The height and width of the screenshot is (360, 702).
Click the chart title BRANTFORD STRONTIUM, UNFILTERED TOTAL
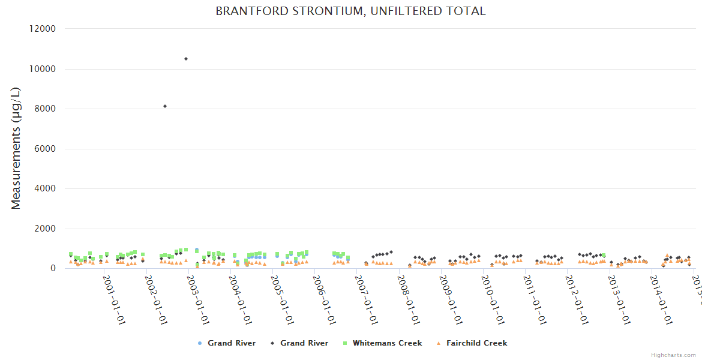350,11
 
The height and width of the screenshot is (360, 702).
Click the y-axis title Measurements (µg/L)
16,148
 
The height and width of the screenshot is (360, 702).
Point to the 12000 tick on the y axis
43,29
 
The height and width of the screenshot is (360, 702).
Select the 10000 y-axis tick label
43,69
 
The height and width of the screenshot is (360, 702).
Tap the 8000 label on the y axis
45,109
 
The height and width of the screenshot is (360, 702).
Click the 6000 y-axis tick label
45,149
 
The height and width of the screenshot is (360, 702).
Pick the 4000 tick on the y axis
45,188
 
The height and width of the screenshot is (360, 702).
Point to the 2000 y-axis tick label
45,229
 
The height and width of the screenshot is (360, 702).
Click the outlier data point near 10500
186,59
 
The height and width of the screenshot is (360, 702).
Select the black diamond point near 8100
165,106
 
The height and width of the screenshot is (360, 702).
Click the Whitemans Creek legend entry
387,343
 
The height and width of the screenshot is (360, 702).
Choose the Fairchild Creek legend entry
476,343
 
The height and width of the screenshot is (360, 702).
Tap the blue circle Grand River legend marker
200,343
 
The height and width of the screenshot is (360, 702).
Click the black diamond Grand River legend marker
272,343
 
